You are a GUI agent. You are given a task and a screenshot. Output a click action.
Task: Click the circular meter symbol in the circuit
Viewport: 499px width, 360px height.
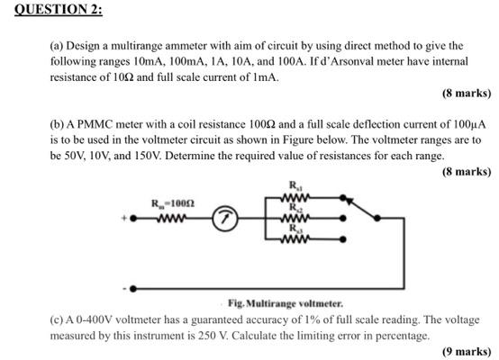[224, 217]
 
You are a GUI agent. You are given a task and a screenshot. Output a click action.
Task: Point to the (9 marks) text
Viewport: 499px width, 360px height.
[466, 351]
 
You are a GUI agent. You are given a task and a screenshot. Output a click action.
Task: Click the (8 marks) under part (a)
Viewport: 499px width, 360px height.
[466, 93]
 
